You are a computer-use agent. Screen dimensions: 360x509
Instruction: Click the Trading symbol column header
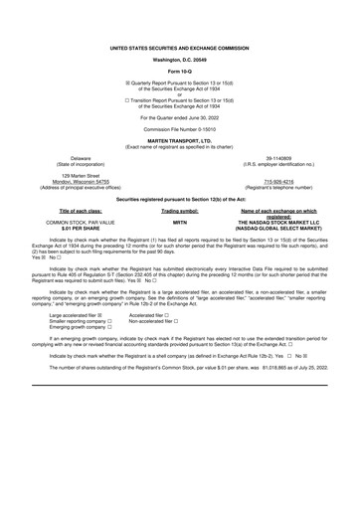pyautogui.click(x=180, y=211)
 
